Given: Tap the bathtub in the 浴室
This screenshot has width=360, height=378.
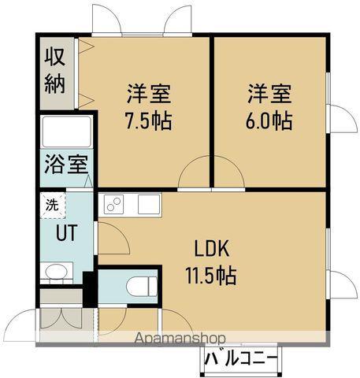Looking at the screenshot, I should pos(67,133).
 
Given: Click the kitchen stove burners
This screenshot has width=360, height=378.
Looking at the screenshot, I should pos(114,204).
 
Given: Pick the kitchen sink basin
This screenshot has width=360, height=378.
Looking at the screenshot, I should pos(149,203).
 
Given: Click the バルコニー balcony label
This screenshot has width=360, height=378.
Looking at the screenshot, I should pos(241,360).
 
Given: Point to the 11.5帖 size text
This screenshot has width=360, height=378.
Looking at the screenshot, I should pos(211,276).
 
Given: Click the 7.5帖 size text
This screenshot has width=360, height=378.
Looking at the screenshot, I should pos(147,122).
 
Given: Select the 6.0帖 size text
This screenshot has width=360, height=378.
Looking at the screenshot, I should pos(268,121).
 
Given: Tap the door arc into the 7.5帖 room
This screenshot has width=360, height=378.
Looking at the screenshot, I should pos(193,175).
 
